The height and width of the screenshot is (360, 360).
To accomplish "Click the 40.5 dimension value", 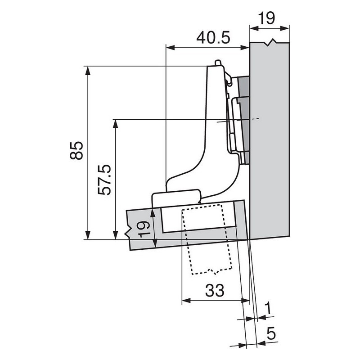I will click(213, 37).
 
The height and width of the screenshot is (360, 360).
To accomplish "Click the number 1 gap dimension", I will click(268, 308).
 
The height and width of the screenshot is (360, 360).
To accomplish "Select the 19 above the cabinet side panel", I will click(267, 19).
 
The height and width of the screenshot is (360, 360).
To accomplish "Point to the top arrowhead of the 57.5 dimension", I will click(117, 123).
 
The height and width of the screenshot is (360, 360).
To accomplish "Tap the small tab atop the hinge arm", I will click(218, 63).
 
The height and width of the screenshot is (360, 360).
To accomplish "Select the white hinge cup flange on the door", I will click(176, 197).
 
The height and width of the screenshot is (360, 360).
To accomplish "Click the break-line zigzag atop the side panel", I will click(270, 43).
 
